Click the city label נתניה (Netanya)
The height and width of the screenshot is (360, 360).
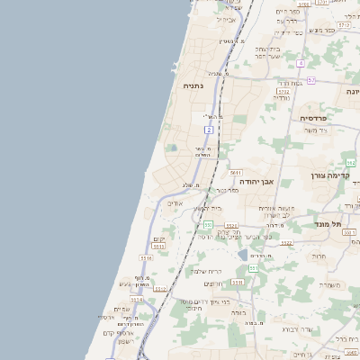[193, 85]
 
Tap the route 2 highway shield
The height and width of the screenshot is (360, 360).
[209, 130]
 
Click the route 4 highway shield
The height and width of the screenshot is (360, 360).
[301, 63]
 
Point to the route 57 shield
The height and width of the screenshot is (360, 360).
[311, 80]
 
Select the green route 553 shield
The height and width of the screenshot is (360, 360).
[208, 224]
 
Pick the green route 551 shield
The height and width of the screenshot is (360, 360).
[254, 268]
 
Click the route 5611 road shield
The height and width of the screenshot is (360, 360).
[236, 172]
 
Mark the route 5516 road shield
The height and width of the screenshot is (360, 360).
[146, 259]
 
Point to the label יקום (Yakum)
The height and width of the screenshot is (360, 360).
[158, 238]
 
